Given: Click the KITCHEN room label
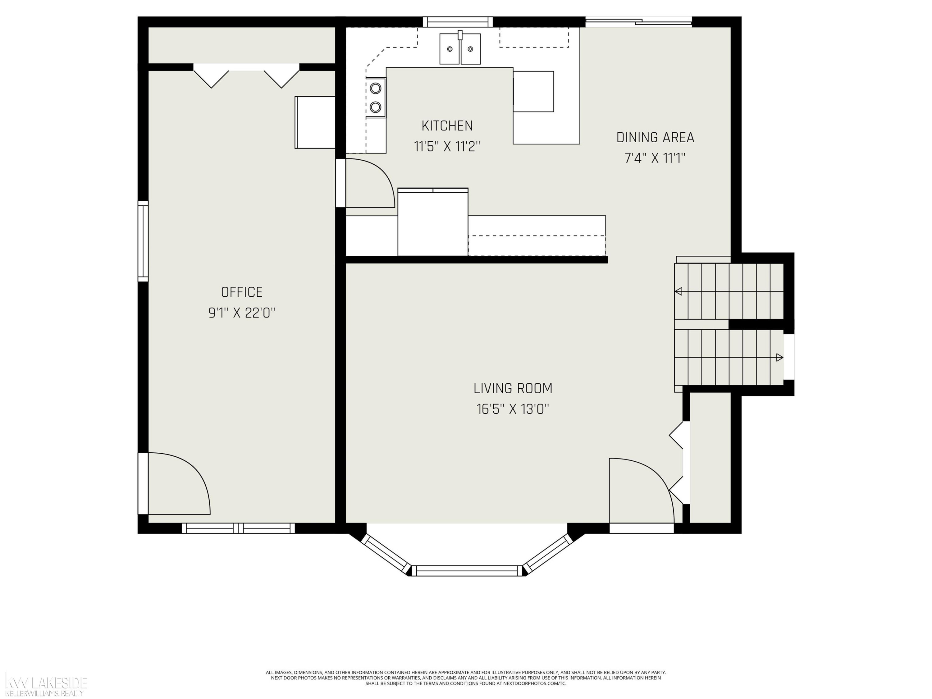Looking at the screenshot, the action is click(447, 126).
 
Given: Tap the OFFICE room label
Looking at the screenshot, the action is click(242, 292).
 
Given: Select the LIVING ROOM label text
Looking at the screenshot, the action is click(513, 388).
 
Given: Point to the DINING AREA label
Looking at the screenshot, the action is click(655, 137).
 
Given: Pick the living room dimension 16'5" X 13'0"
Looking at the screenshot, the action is click(513, 409).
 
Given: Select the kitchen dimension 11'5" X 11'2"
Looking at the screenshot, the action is click(447, 147).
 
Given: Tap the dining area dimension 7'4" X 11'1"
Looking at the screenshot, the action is click(655, 158).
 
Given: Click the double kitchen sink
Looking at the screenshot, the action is click(460, 48).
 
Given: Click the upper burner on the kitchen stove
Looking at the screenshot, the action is click(375, 88).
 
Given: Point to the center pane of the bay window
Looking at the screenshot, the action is click(467, 570).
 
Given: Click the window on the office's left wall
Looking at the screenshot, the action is click(143, 241).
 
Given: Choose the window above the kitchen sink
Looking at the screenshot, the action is click(458, 22).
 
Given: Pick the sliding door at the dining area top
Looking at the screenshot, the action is click(639, 22).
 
